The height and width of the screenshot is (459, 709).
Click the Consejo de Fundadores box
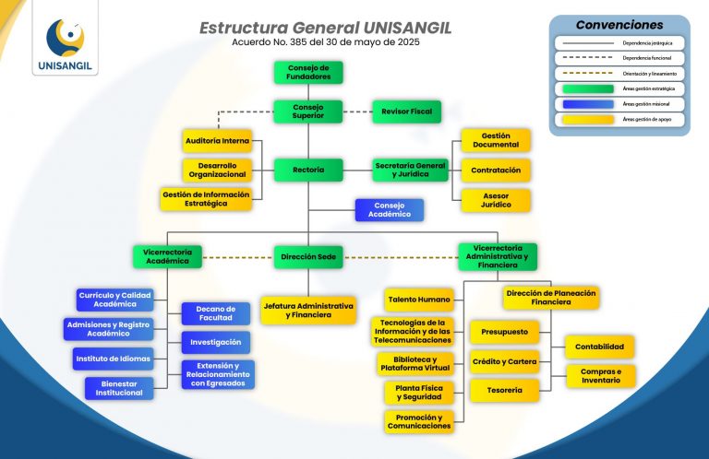308,72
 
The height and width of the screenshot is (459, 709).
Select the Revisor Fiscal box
406,111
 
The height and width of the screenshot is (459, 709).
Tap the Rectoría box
308,170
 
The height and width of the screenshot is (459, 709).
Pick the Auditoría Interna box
217,140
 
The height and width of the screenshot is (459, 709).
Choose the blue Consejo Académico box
390,210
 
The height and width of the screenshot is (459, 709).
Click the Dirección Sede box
308,255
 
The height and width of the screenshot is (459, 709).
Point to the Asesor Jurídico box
496,200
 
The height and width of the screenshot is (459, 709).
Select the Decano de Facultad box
216,313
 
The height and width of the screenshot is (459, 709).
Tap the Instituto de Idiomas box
114,358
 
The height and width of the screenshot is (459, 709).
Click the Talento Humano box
419,300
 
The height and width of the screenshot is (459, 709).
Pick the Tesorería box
505,390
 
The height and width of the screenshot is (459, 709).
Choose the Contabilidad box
599,347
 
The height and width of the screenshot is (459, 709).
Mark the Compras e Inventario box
600,376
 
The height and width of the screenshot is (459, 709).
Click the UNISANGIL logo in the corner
64,43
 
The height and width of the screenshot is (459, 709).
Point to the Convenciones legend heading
619,25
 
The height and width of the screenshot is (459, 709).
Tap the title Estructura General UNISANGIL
325,28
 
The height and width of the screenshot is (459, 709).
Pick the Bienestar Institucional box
120,388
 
